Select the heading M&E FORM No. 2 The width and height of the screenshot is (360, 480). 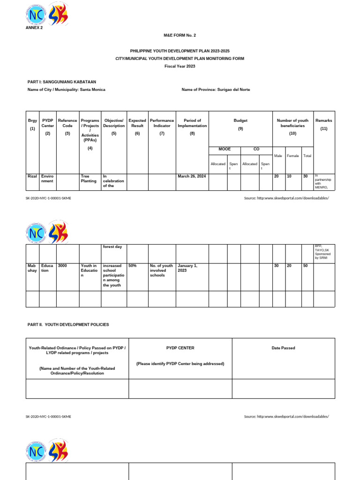click(180, 36)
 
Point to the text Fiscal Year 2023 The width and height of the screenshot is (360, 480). click(180, 66)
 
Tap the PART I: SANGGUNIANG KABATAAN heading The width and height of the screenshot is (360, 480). click(62, 82)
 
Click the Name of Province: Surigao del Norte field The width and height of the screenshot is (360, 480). click(216, 90)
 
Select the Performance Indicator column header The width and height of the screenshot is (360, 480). click(162, 123)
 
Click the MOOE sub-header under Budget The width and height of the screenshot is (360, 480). click(224, 149)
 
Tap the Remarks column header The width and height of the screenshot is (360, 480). click(324, 124)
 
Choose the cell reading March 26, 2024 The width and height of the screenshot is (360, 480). click(192, 177)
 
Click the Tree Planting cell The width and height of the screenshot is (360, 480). click(89, 179)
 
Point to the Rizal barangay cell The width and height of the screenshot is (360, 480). click(32, 176)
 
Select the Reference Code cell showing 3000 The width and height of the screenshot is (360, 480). click(62, 265)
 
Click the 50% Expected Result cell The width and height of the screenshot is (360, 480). click(133, 265)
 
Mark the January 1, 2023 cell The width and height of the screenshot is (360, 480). click(187, 268)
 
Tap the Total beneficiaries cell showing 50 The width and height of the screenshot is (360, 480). click(306, 265)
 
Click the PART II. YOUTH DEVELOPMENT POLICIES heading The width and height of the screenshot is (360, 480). click(68, 324)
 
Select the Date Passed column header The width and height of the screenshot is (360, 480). click(284, 348)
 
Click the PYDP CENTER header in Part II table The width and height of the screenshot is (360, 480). click(180, 348)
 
